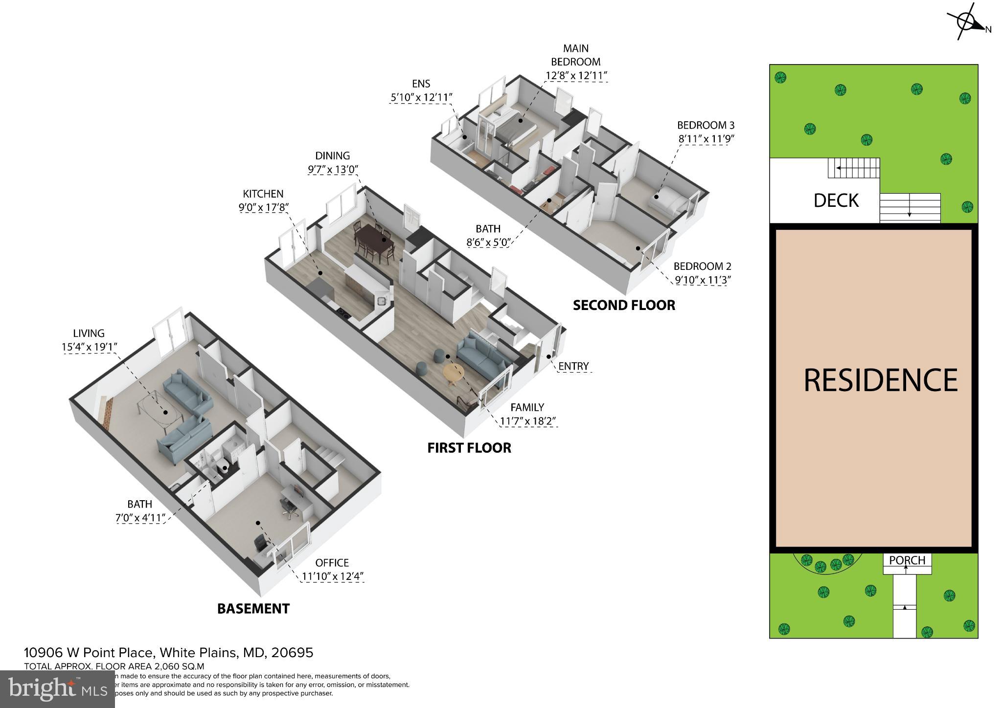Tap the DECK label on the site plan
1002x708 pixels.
836,200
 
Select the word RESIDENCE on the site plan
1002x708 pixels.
881,380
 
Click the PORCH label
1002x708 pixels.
907,560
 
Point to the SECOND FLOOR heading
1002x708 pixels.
624,305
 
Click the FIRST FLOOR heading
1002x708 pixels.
469,448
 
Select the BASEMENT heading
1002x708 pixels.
253,609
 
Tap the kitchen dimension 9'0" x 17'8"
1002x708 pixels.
263,207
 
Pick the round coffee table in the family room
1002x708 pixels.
454,373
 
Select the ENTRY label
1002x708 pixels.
573,366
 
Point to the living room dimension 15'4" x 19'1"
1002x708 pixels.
89,347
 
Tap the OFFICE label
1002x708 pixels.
332,563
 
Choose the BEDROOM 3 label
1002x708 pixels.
706,125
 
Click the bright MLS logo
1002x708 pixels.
58,689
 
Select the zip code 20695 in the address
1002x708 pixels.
293,653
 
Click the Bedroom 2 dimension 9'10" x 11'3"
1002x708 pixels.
702,280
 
